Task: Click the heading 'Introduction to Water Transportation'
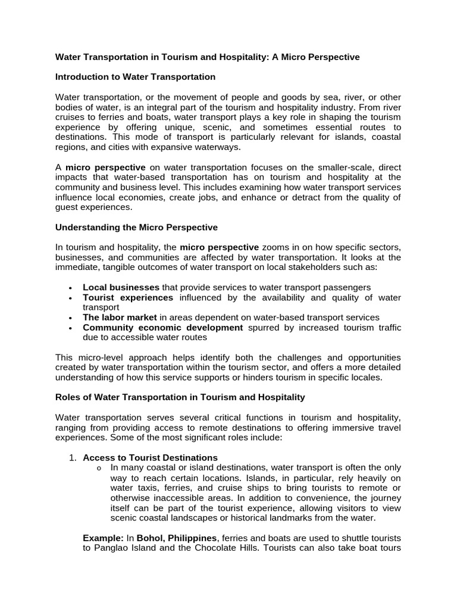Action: click(x=135, y=77)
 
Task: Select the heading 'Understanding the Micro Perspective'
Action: click(x=136, y=227)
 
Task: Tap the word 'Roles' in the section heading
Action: click(x=68, y=397)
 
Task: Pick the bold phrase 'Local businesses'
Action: click(x=121, y=287)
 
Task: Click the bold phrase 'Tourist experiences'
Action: click(x=128, y=297)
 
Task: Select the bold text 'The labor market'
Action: click(x=120, y=318)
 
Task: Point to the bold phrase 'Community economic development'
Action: click(x=162, y=328)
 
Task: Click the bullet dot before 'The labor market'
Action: click(x=71, y=318)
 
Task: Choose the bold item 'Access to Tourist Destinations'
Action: click(x=150, y=457)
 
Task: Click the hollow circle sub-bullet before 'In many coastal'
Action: click(x=99, y=468)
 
